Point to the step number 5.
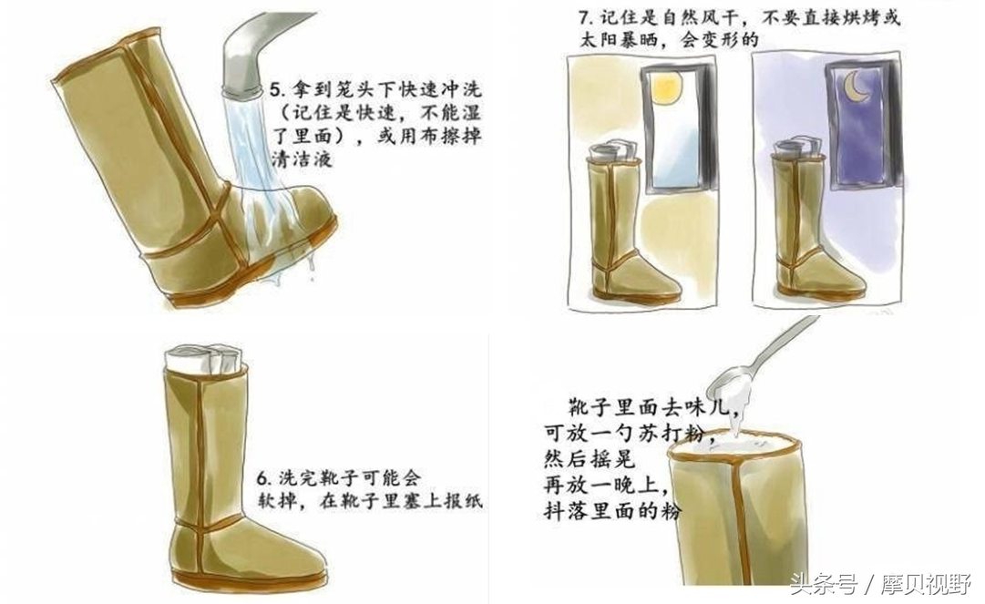[x=274, y=90]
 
